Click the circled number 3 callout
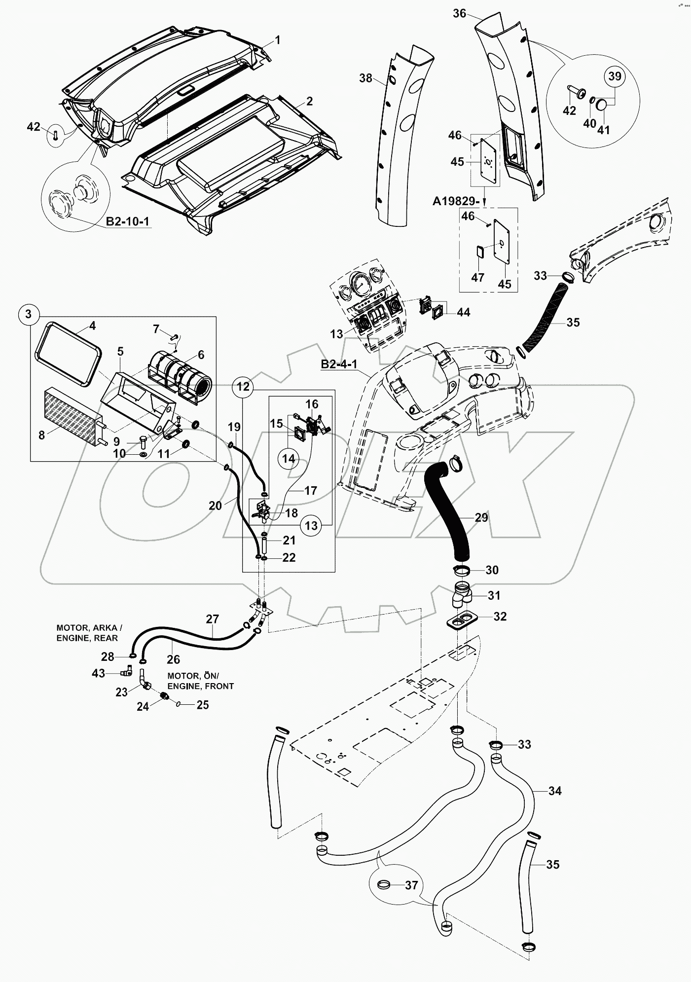click(29, 314)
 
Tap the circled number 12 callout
click(244, 387)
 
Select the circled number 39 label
click(615, 76)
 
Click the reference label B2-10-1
click(128, 221)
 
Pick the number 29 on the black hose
click(481, 517)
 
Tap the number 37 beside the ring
click(411, 885)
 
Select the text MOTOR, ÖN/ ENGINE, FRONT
click(200, 681)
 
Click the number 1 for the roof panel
click(277, 40)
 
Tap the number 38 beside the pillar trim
click(365, 78)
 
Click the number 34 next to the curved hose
click(555, 791)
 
